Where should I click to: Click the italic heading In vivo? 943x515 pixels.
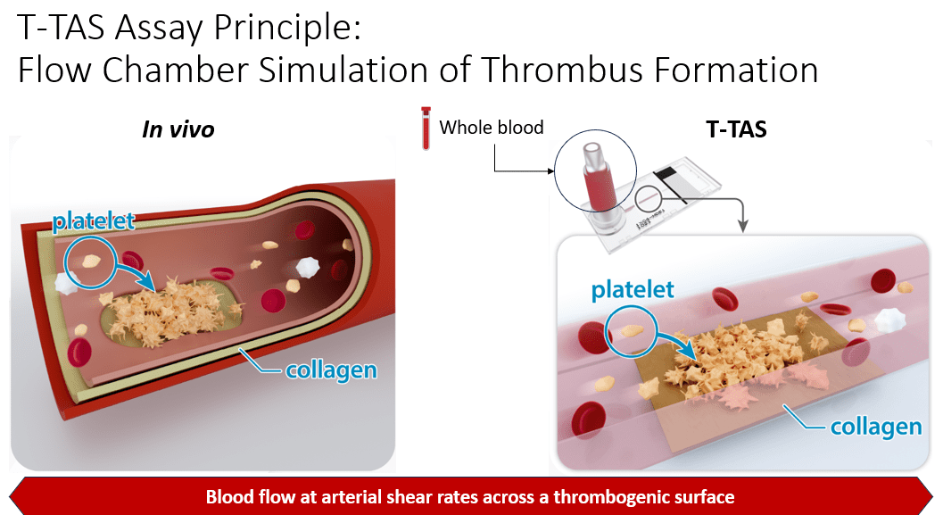pos(178,129)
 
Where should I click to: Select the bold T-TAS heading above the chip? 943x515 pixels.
pos(731,129)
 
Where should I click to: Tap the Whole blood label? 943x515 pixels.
pos(491,127)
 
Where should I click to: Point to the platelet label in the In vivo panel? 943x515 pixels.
pos(94,222)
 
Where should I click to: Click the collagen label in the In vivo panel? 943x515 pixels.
pos(331,369)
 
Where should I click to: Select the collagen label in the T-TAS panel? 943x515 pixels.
pos(875,427)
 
